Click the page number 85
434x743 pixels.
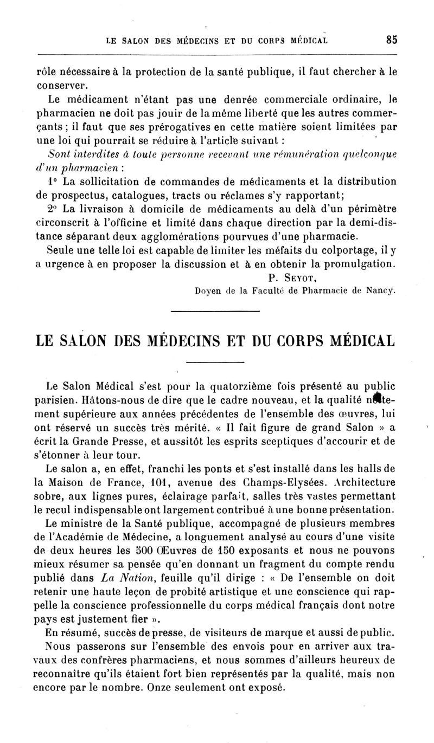click(x=392, y=40)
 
